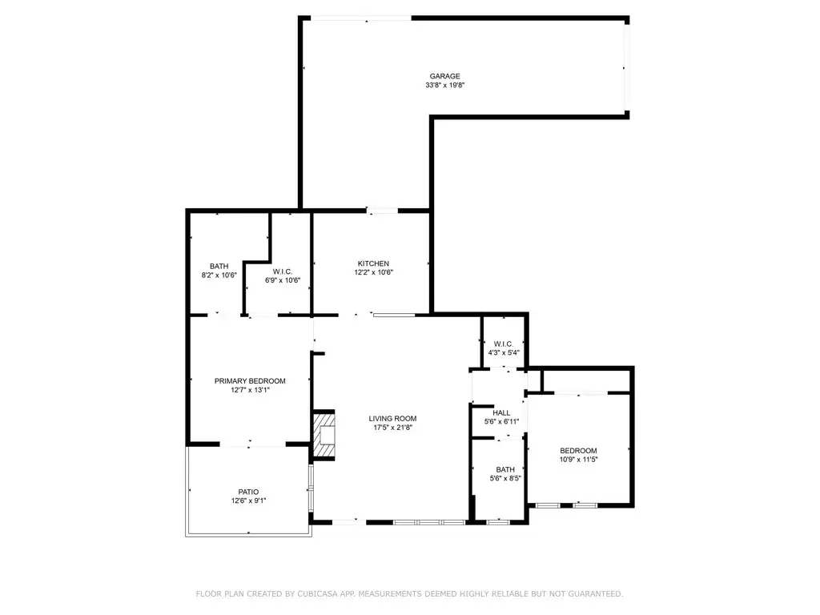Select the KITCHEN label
(373, 263)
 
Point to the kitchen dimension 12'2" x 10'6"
(373, 272)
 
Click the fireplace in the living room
(324, 436)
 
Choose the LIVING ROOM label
(392, 418)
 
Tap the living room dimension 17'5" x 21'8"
(392, 428)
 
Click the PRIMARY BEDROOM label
(250, 381)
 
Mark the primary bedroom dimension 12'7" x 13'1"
(250, 391)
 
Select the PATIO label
(248, 492)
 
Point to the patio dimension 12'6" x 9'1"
(248, 501)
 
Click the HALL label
(502, 412)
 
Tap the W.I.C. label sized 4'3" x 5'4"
(504, 344)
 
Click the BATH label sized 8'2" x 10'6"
(219, 266)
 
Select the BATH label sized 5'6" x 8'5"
(505, 469)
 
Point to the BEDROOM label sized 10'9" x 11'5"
(578, 450)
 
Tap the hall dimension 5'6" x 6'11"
(502, 422)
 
